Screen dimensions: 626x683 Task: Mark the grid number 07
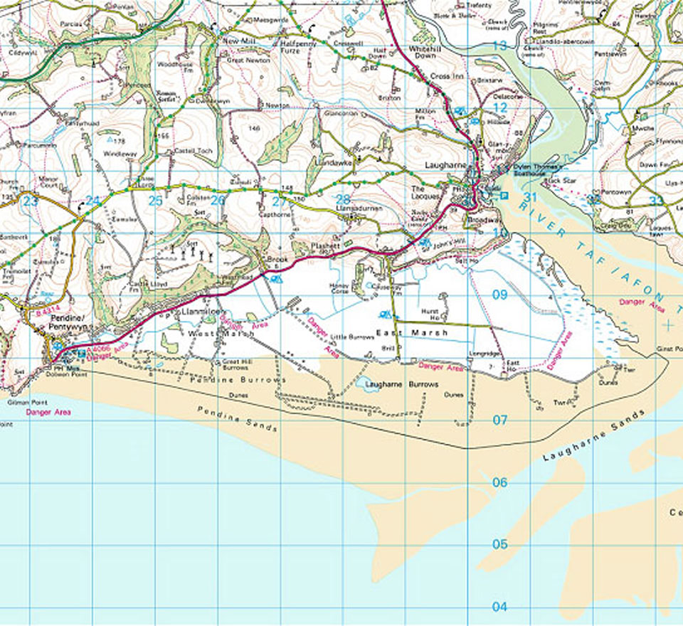coord(500,420)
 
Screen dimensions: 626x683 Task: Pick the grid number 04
coord(500,607)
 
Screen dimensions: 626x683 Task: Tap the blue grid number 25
coord(155,201)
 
